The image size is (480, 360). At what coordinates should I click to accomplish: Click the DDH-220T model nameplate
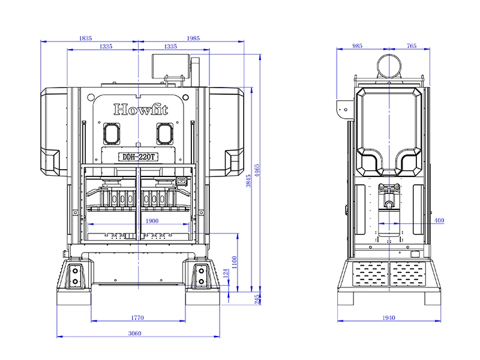[x=139, y=157]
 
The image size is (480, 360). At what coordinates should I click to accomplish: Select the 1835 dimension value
[x=86, y=38]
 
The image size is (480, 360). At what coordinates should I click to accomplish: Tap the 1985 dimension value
[x=193, y=38]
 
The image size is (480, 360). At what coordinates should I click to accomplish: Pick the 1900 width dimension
[x=152, y=221]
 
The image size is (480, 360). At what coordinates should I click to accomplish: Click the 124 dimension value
[x=226, y=274]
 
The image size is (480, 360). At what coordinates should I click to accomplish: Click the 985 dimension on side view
[x=358, y=46]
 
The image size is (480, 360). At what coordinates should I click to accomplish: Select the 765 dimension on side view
[x=412, y=46]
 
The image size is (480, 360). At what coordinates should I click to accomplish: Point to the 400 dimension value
[x=439, y=221]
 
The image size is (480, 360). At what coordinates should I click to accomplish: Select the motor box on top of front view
[x=170, y=64]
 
